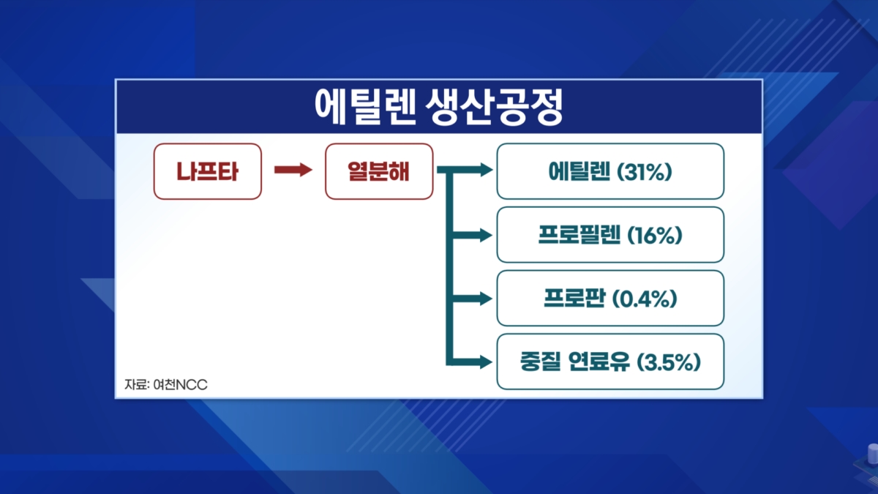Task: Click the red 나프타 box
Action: point(207,171)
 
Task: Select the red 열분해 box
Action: point(379,171)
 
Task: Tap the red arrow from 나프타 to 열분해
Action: point(293,170)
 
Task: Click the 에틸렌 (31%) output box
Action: point(610,171)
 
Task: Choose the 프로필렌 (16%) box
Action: point(610,235)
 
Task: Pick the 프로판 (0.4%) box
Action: point(610,299)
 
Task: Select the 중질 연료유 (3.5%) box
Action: point(610,362)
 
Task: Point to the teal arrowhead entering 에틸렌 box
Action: point(486,170)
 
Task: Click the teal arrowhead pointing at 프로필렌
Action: point(486,235)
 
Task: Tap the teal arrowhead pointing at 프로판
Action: point(486,299)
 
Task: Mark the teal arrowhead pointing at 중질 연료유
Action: point(486,362)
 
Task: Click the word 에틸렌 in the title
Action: point(365,107)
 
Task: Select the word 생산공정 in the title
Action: point(495,107)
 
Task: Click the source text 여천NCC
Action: point(180,385)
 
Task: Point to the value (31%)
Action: point(645,172)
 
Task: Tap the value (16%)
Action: point(655,235)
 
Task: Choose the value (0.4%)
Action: point(645,299)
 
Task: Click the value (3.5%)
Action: point(669,362)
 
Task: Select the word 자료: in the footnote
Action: point(138,385)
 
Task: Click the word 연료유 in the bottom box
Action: point(599,362)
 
